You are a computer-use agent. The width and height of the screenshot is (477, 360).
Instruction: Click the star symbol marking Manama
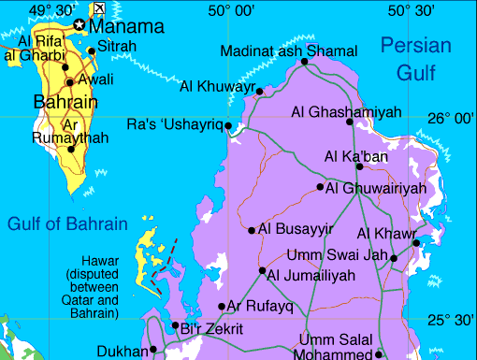click(80, 25)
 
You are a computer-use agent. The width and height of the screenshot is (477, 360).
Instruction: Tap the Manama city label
click(127, 25)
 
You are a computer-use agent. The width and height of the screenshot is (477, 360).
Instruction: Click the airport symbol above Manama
click(100, 7)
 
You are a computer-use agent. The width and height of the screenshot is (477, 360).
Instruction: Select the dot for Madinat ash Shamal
click(304, 62)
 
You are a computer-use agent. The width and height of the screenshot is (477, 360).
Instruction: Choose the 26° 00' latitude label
click(451, 118)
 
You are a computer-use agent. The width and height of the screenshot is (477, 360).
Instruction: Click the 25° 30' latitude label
click(451, 320)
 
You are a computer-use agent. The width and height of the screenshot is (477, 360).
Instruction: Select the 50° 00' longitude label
click(231, 10)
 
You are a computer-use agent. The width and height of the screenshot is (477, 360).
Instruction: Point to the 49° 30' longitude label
click(52, 10)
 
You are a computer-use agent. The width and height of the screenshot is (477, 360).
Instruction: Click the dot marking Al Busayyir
click(252, 230)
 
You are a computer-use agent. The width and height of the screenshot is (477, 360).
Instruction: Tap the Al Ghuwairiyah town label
click(377, 188)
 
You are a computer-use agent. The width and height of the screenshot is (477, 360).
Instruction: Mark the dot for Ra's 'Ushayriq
click(228, 125)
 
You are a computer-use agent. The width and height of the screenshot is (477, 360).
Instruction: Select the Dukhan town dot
click(154, 352)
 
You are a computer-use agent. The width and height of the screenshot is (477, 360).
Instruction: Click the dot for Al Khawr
click(416, 243)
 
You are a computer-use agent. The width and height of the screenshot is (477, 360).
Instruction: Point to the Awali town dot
click(70, 81)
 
